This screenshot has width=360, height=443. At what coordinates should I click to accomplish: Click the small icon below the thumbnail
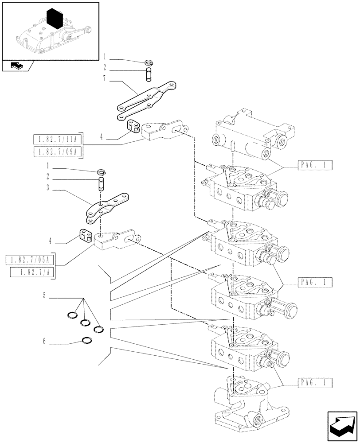[16, 66]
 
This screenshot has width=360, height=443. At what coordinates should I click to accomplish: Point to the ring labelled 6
[87, 341]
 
